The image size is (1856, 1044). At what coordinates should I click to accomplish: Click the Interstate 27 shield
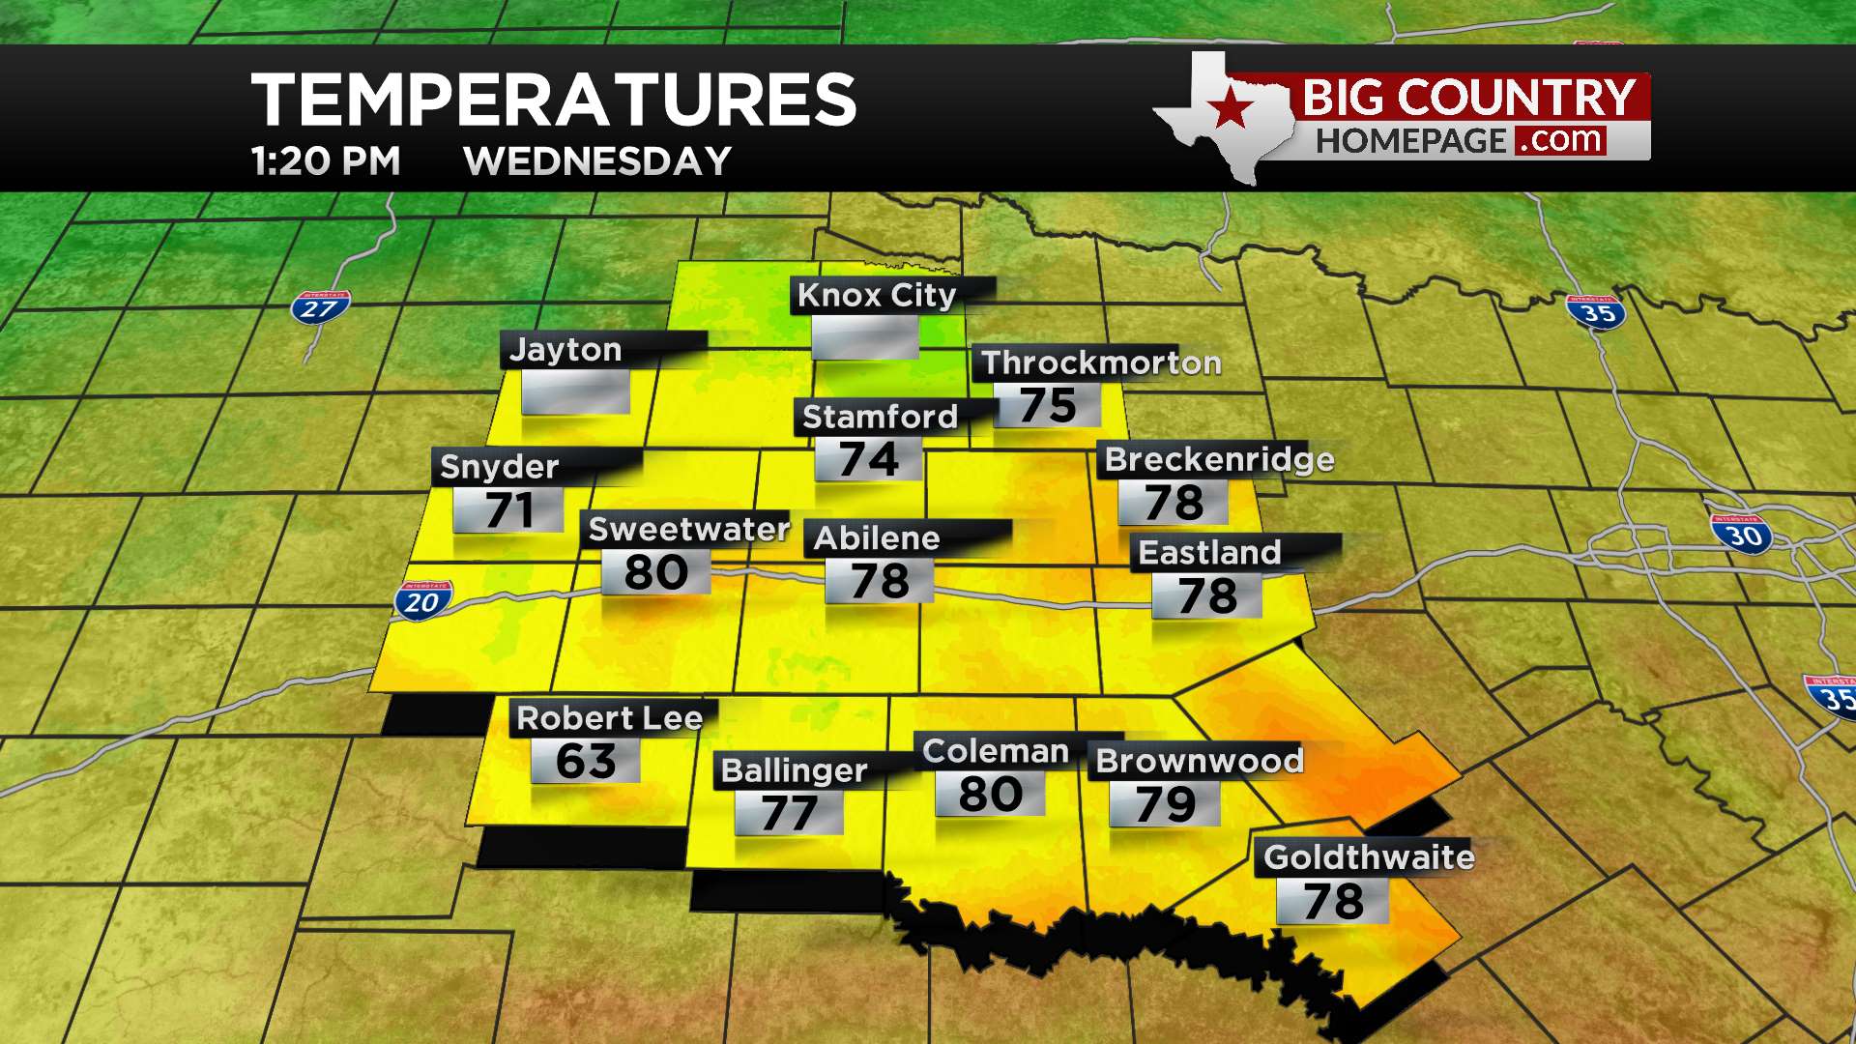coord(320,308)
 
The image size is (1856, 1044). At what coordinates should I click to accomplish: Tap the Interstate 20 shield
coord(422,601)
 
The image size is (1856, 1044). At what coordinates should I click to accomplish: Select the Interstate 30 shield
coord(1742,534)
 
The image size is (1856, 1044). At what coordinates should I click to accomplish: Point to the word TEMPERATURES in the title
coord(554,100)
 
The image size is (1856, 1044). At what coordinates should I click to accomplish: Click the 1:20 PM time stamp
coord(326,161)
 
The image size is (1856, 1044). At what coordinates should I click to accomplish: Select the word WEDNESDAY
coord(597,161)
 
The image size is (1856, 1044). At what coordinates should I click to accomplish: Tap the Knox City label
coord(877,295)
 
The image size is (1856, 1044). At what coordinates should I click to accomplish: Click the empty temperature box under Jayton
coord(576,391)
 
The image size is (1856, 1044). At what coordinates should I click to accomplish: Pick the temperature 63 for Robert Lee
coord(586,761)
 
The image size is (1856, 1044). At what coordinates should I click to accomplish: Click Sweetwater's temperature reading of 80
coord(656,572)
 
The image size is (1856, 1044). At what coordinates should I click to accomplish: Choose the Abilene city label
coord(877,537)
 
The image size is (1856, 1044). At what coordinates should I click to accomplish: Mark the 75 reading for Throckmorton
coord(1048,405)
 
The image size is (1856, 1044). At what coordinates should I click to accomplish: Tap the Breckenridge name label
coord(1219,459)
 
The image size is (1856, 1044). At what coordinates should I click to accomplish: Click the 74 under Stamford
coord(868,458)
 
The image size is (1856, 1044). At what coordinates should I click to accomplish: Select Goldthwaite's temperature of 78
coord(1333,901)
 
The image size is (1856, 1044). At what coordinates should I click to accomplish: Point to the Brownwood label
coord(1200,761)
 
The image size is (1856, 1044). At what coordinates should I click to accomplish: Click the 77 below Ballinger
coord(789,812)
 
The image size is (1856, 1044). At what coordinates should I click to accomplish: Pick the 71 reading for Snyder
coord(508,509)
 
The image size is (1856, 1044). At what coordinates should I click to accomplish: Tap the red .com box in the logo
coord(1560,140)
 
